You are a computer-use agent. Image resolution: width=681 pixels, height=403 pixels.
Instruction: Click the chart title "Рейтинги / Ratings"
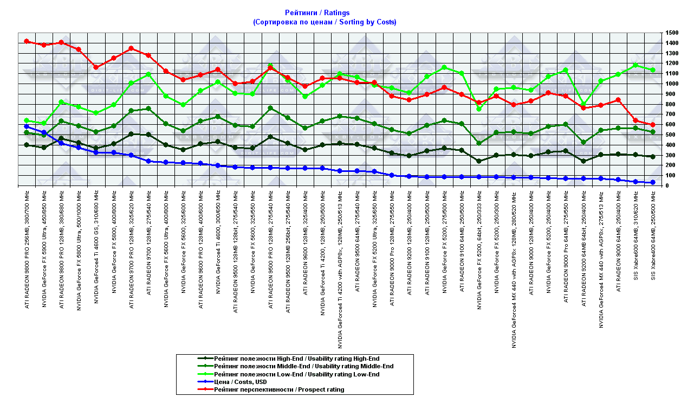tap(317, 12)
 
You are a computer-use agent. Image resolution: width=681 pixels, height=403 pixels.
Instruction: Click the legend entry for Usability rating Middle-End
tap(303, 366)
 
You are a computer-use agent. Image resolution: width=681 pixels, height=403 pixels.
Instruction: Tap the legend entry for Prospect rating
tap(279, 389)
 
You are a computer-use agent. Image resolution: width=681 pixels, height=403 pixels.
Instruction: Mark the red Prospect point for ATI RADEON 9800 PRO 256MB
tap(27, 41)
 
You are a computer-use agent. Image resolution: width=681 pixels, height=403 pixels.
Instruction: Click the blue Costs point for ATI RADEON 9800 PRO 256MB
tap(27, 126)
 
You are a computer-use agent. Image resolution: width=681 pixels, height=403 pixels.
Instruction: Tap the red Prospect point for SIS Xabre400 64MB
tap(653, 125)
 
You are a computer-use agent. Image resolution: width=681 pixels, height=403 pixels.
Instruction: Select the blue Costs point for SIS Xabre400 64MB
tap(653, 182)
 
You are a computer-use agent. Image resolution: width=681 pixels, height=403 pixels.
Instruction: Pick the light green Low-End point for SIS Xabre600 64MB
tap(635, 65)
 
